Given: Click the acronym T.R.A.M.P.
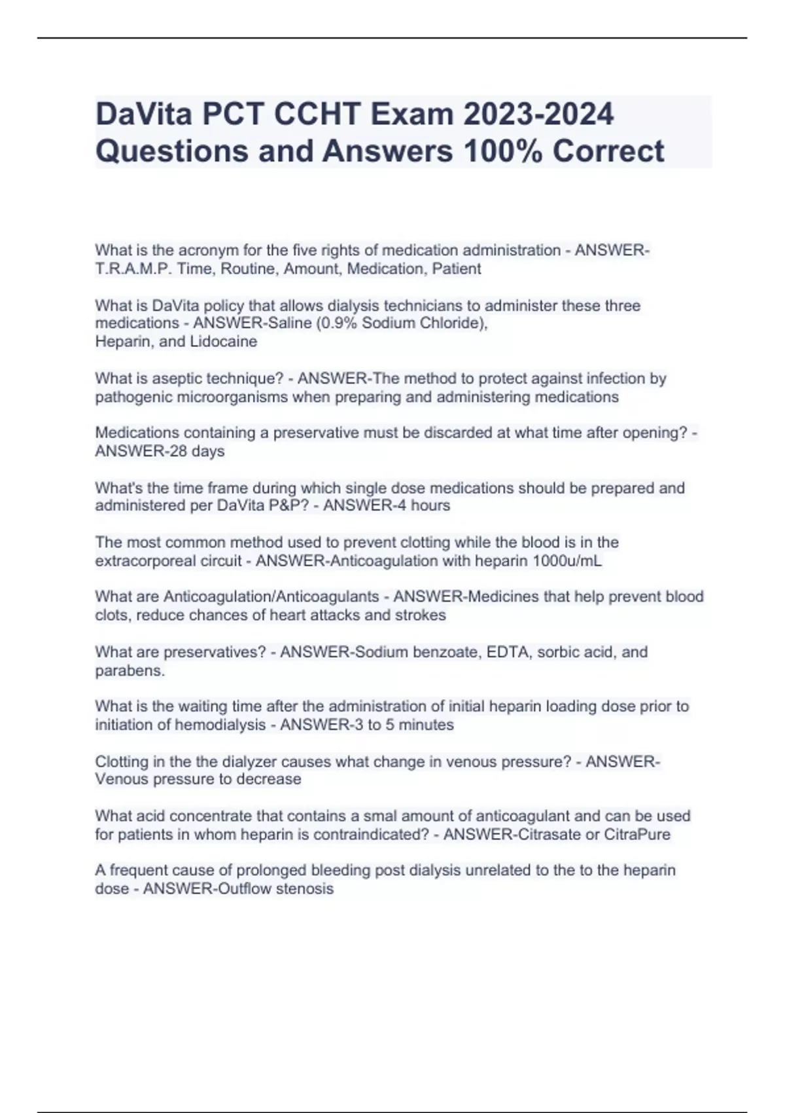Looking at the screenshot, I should [133, 269].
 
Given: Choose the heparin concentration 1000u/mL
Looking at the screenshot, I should [567, 561].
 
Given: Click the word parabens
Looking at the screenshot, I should [130, 671].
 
